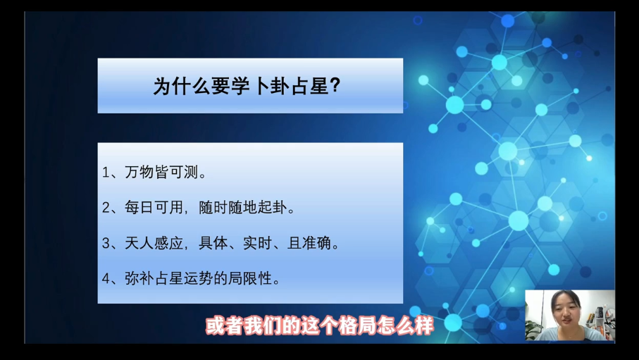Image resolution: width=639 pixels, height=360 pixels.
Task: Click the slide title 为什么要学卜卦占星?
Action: pos(247,87)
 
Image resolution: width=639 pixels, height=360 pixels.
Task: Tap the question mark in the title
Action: pos(334,86)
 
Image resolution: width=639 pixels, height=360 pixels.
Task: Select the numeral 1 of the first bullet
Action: pos(106,173)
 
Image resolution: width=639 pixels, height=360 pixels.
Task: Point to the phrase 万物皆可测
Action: pos(161,172)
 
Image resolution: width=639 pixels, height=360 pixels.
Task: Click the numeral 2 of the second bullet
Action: pos(106,208)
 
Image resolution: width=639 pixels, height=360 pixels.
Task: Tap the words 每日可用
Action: pos(154,208)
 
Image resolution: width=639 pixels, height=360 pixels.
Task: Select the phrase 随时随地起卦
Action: pos(243,208)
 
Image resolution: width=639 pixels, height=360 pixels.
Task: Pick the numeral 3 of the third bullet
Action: pos(106,243)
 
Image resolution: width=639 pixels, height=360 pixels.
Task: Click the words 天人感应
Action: pos(154,243)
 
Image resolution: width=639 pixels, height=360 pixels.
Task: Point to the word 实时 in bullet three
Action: pos(257,243)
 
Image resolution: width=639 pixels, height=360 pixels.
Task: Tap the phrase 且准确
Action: pos(309,243)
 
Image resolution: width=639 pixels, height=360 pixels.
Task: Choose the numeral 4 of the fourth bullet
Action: pos(106,279)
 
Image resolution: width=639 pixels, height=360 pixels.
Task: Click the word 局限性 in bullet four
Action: pos(250,278)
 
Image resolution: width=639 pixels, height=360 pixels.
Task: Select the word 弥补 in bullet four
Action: pos(139,278)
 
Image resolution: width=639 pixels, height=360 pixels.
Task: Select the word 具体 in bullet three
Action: pos(213,243)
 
